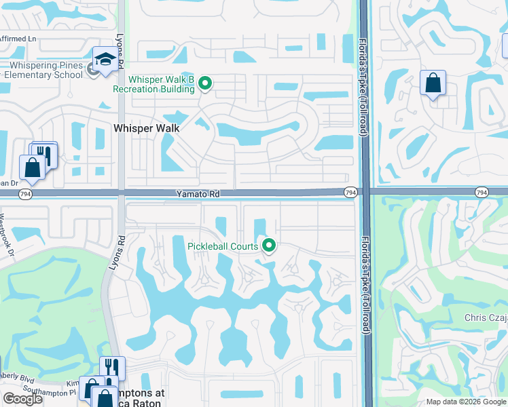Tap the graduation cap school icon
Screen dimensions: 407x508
pos(105,60)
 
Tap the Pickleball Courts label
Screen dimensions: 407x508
pos(223,246)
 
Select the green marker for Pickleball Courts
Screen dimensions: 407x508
pos(269,246)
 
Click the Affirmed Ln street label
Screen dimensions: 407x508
pos(18,39)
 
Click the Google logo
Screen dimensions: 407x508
pos(22,399)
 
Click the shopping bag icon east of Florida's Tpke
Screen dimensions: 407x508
pos(433,83)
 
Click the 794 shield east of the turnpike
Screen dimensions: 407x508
pos(482,193)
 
